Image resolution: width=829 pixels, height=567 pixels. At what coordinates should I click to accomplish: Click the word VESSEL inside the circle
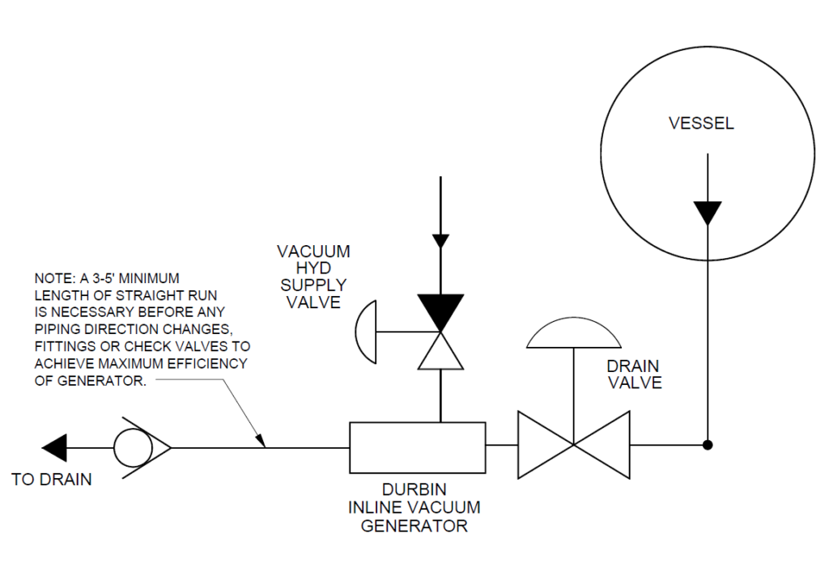pyautogui.click(x=701, y=124)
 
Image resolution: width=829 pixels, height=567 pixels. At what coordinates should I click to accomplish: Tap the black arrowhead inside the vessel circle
pyautogui.click(x=708, y=213)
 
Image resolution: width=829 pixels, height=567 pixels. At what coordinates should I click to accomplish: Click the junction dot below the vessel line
pyautogui.click(x=708, y=445)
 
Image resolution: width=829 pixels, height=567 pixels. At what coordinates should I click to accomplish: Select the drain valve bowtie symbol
pyautogui.click(x=573, y=445)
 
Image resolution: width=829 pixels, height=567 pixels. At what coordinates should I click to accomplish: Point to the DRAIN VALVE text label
pyautogui.click(x=634, y=374)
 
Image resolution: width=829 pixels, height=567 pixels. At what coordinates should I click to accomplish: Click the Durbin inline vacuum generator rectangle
pyautogui.click(x=417, y=446)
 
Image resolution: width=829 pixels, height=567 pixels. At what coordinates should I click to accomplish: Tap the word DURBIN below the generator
pyautogui.click(x=414, y=491)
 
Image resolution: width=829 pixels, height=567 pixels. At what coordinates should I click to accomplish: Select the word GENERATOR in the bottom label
pyautogui.click(x=414, y=527)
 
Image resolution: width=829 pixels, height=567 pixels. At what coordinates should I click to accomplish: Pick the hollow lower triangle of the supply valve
pyautogui.click(x=440, y=353)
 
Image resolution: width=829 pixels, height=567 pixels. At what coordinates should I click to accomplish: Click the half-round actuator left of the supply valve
pyautogui.click(x=367, y=332)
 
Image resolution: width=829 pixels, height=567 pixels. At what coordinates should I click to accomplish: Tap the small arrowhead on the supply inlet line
pyautogui.click(x=440, y=240)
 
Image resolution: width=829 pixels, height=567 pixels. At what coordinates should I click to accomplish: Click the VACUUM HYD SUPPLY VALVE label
pyautogui.click(x=312, y=277)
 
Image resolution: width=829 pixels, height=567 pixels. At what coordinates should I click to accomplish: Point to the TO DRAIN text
pyautogui.click(x=52, y=480)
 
